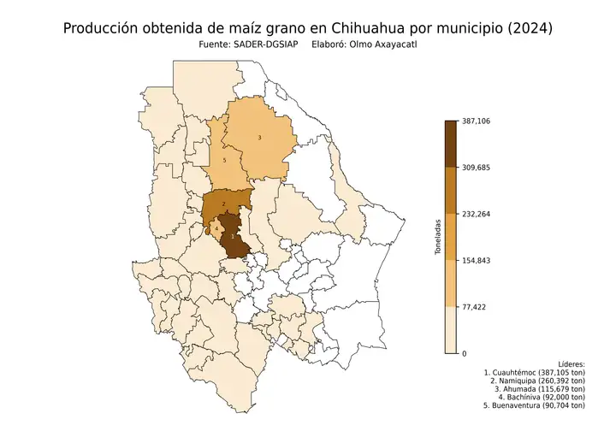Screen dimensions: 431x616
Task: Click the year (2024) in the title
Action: tap(529, 28)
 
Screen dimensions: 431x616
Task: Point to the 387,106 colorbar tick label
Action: tap(476, 121)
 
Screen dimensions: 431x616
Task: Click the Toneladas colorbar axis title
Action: tap(437, 237)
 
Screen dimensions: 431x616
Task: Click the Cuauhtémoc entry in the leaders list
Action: tap(535, 373)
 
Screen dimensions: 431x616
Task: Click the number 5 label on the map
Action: tap(224, 160)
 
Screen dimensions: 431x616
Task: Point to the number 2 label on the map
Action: tap(223, 204)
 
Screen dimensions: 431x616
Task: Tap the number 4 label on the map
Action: tap(217, 229)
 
